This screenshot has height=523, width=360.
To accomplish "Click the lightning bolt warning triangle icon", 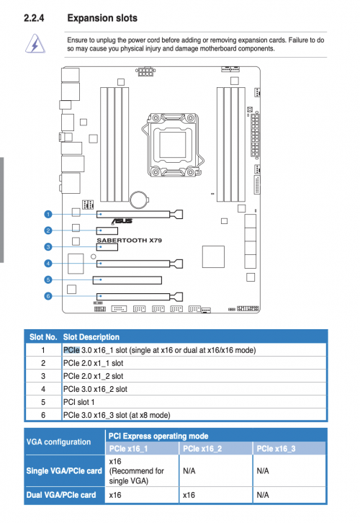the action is click(x=35, y=44).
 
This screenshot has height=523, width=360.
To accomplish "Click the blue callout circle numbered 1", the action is click(x=48, y=214).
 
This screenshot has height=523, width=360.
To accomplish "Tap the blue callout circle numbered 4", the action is click(x=48, y=264).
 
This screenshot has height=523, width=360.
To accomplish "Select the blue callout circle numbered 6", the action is click(x=48, y=296).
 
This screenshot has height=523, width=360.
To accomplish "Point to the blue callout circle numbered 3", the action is click(x=48, y=247).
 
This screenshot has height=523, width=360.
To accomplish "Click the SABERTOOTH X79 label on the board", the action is click(x=130, y=240).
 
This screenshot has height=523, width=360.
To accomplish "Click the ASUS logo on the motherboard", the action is click(x=122, y=221).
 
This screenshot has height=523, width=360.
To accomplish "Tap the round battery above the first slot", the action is click(x=139, y=200).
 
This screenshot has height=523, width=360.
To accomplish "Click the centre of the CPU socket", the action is click(x=172, y=145).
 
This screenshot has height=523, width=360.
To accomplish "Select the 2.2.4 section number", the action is click(x=34, y=18).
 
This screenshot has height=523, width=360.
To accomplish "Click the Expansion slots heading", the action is click(x=102, y=18).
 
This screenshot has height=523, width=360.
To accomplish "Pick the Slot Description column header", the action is click(x=91, y=337).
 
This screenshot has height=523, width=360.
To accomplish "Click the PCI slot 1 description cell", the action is click(x=79, y=402).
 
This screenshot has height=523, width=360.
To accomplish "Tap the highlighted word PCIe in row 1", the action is click(x=72, y=350).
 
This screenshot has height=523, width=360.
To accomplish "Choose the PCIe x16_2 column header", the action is click(x=202, y=449).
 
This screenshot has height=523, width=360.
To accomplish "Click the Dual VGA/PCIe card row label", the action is click(x=61, y=495).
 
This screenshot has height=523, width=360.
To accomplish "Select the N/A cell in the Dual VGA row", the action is click(x=263, y=495).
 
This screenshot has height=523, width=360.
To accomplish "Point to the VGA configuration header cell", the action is click(x=58, y=442).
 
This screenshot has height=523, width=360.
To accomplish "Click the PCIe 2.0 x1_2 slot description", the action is click(x=94, y=376).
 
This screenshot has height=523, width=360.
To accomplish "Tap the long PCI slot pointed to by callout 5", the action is click(x=127, y=280).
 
